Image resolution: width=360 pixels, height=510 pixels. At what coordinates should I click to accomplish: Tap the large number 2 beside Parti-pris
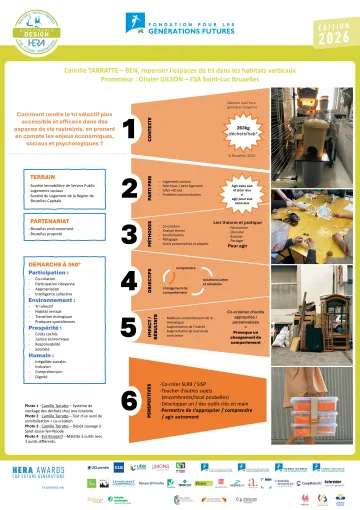tap(129, 189)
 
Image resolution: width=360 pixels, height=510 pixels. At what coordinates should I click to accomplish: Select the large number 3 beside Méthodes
tap(129, 235)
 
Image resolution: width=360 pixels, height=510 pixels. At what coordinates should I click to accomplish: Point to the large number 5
tap(129, 326)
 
